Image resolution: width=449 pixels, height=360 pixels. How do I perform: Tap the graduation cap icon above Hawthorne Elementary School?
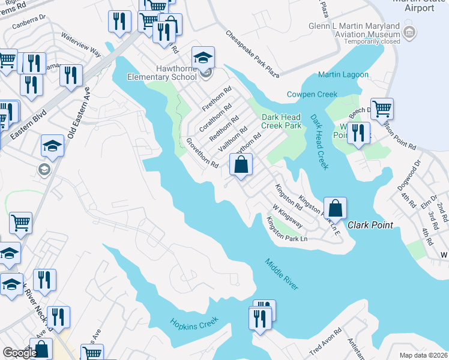pos(203,58)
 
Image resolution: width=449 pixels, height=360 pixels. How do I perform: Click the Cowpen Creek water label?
pos(312,94)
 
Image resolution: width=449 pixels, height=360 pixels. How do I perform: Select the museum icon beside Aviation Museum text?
pos(409,31)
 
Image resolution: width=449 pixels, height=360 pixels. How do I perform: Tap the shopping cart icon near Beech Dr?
pos(382,109)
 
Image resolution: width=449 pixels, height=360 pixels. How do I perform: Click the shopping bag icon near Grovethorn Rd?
pos(241,164)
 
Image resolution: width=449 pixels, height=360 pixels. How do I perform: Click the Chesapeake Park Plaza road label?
pos(253,54)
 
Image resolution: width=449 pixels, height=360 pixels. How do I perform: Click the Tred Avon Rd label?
pos(325,340)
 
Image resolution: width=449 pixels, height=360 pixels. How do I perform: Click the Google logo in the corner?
pos(20,353)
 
